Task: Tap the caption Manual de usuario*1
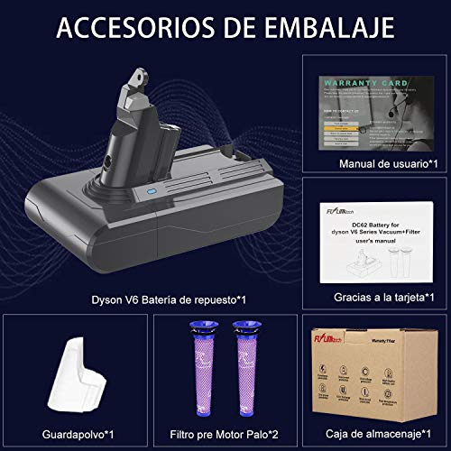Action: [375, 162]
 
